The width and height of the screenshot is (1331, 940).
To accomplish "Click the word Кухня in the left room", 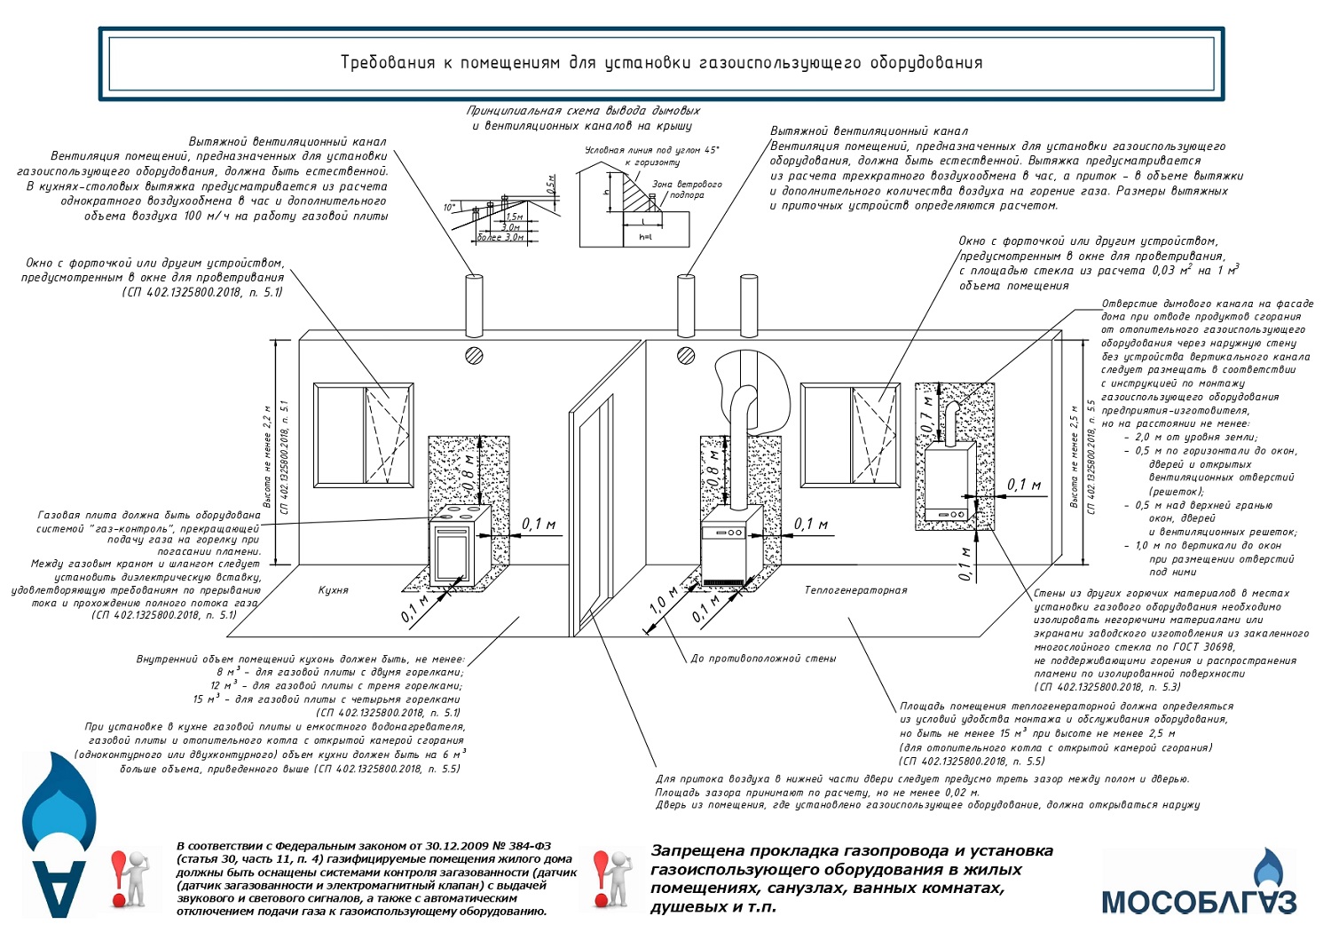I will (334, 590).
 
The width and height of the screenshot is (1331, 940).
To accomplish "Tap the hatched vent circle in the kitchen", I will (474, 356).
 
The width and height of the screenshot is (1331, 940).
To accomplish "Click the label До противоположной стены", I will (763, 659).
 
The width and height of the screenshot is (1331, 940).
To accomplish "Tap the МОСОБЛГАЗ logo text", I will (1199, 901).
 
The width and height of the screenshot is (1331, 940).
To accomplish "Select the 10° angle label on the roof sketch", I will (450, 207).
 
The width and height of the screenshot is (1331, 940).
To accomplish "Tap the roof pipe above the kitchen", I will (474, 304).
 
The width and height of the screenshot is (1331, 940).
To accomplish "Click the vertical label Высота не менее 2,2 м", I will (267, 456).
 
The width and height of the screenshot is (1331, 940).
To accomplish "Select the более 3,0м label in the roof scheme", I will (500, 237).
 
